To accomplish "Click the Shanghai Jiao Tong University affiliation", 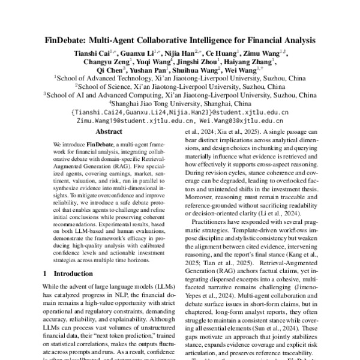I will coord(181,103).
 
